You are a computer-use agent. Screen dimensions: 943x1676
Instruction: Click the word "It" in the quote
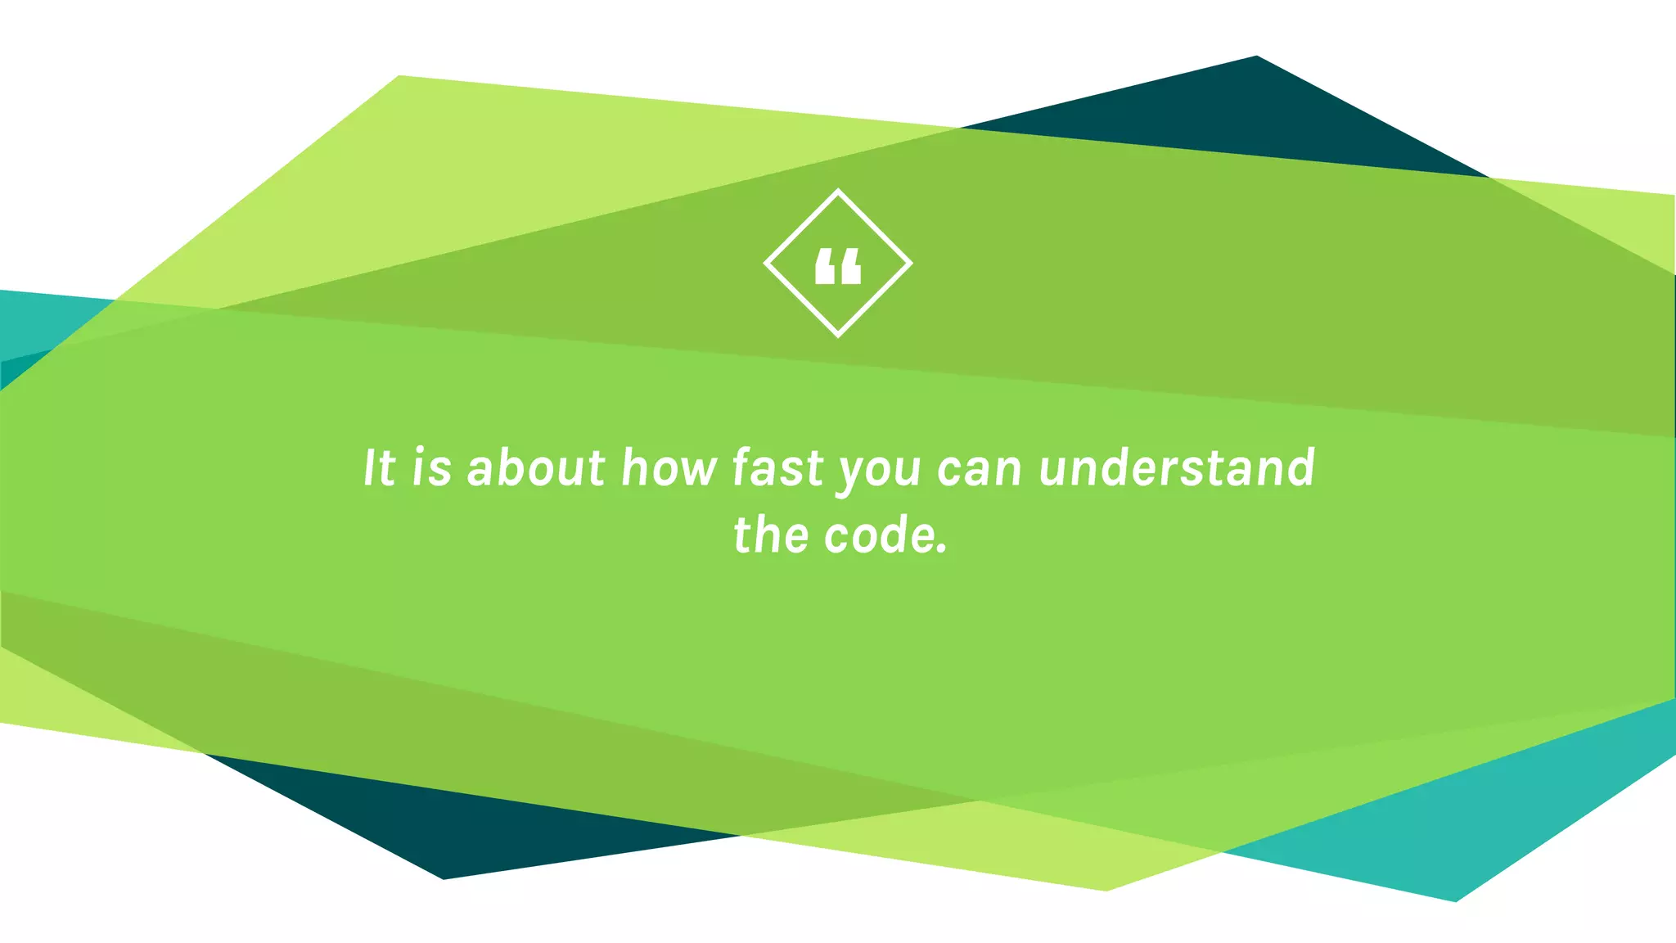[x=380, y=468]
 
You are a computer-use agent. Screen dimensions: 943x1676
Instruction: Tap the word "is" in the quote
[x=431, y=468]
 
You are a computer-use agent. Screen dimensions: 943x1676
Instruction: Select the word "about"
[x=536, y=468]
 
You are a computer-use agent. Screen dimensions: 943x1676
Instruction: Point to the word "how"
[x=669, y=468]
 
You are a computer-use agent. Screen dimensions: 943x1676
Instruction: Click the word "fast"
[x=777, y=468]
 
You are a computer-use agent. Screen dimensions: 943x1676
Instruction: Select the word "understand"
[x=1177, y=468]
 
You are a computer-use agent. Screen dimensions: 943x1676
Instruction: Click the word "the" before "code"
[x=770, y=535]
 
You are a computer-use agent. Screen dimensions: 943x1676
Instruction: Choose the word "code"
[x=877, y=535]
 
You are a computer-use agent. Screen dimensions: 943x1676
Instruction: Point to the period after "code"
[x=942, y=550]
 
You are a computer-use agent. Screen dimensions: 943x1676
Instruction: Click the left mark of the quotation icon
[x=826, y=267]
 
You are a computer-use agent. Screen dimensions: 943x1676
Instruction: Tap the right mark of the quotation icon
[x=850, y=267]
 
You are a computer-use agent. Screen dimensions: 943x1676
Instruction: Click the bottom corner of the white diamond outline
[x=838, y=335]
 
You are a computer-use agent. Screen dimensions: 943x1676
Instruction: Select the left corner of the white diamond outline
[x=766, y=264]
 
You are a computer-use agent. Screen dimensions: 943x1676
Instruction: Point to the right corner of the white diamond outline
[x=910, y=264]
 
